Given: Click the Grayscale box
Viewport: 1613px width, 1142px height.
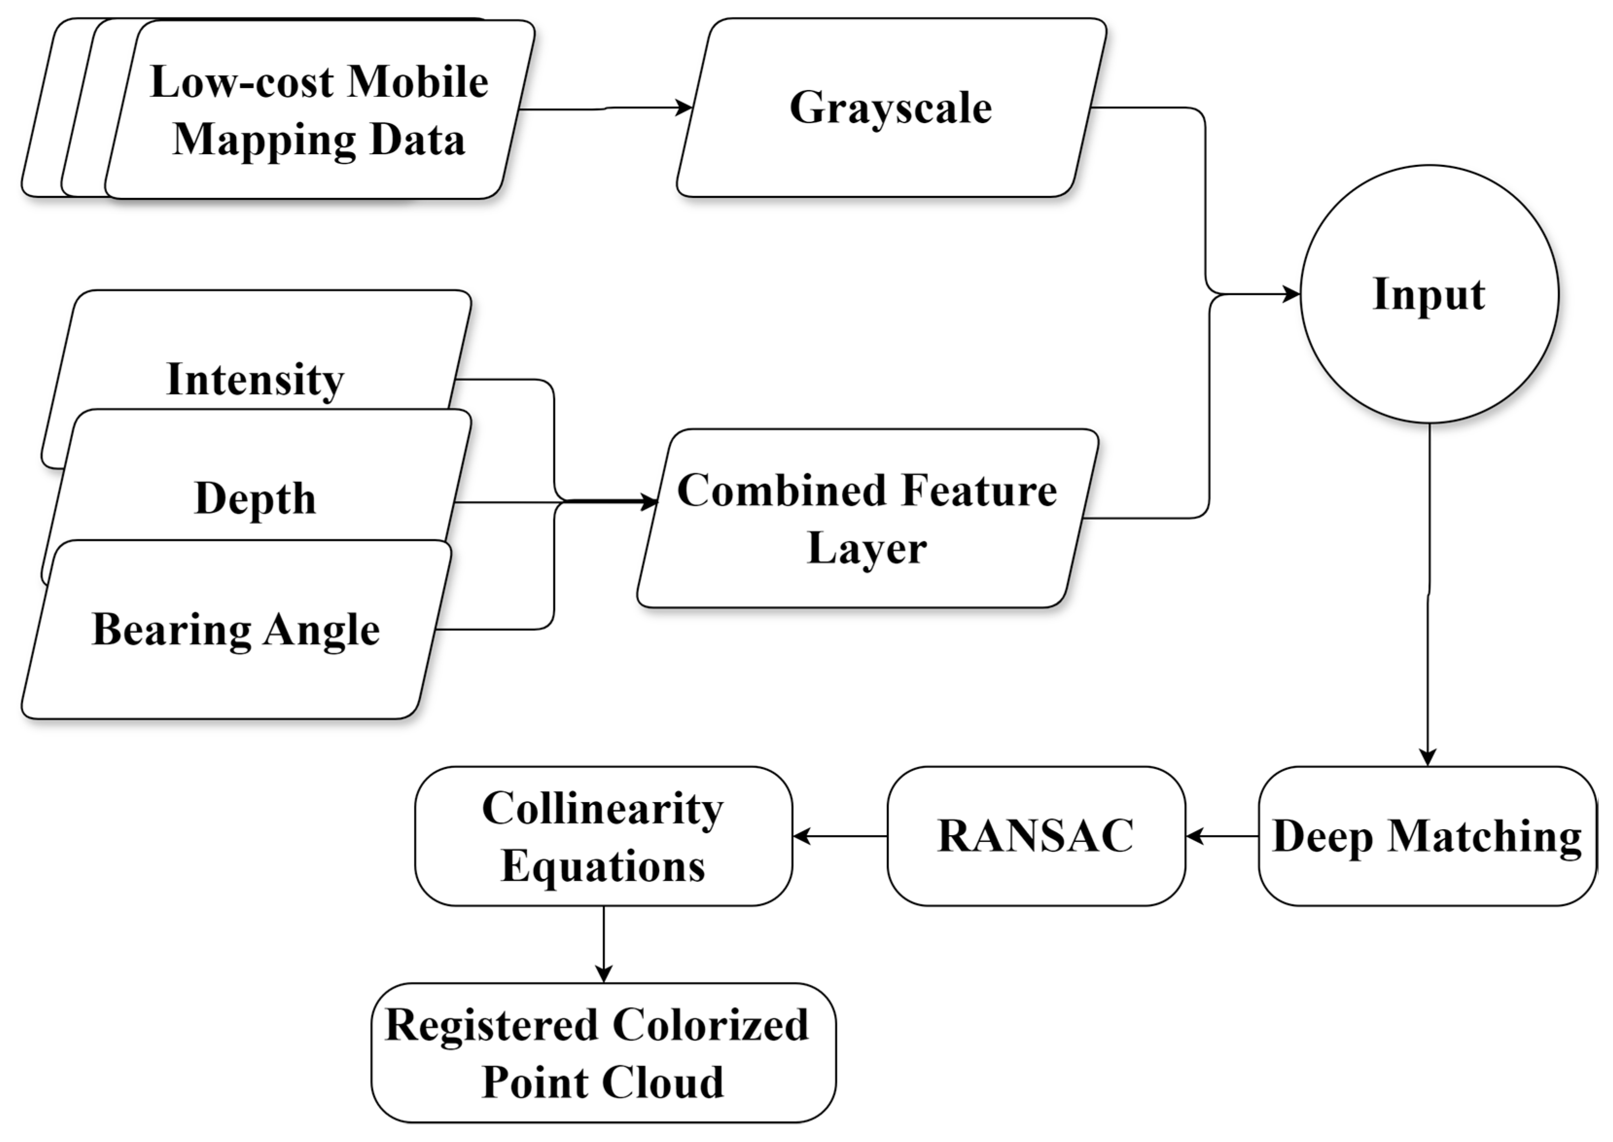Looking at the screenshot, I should [890, 107].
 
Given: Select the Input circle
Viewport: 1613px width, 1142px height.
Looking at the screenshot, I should [1429, 294].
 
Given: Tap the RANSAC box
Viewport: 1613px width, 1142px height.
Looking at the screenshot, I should [1036, 836].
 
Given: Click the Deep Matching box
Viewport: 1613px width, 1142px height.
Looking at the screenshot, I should [1427, 836].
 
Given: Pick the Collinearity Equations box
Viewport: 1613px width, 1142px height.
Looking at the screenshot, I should [603, 836].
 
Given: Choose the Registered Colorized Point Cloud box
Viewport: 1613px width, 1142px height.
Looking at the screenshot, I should [603, 1053].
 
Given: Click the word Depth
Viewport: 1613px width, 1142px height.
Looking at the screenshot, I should [255, 498].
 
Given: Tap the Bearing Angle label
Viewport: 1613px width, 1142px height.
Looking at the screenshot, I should [235, 629].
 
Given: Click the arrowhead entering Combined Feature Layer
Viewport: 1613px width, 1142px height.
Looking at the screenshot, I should [648, 502].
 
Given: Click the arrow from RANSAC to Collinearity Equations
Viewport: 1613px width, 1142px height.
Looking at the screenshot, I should [840, 836].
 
